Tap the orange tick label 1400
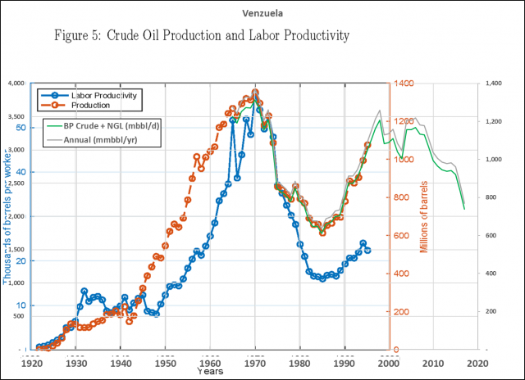click(402, 84)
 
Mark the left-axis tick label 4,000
click(17, 84)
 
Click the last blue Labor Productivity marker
click(367, 250)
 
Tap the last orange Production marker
click(367, 145)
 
